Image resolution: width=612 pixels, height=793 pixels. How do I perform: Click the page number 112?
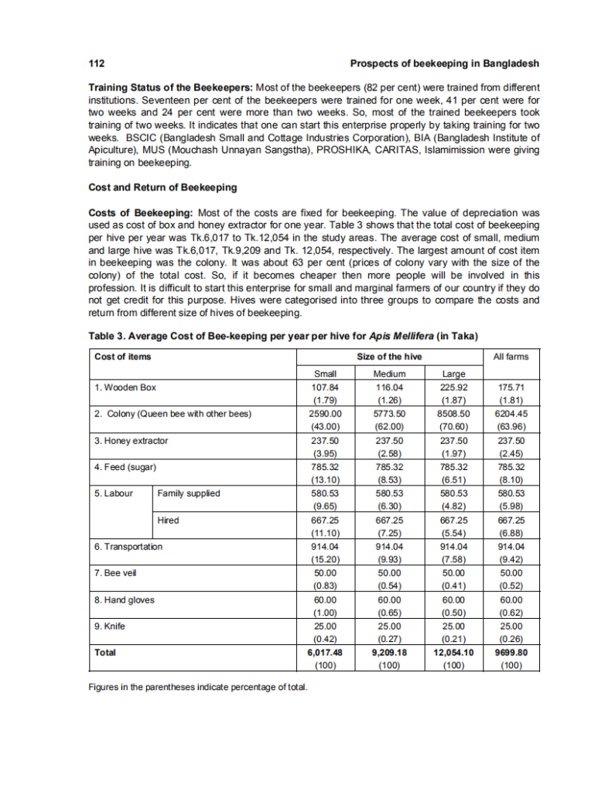pos(97,63)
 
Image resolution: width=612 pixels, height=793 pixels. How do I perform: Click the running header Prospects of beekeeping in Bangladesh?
pos(444,63)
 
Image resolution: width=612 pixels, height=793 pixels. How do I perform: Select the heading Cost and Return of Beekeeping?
pos(162,187)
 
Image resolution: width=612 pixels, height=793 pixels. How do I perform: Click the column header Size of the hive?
pos(389,356)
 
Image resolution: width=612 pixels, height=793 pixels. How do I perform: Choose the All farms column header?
pos(511,356)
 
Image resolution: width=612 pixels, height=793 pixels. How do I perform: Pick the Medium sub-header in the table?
pos(389,374)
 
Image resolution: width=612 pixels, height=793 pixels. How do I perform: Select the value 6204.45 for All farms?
pos(511,414)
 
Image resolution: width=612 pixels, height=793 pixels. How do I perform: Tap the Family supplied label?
pos(188,493)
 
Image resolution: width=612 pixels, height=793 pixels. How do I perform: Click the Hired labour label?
pos(168,520)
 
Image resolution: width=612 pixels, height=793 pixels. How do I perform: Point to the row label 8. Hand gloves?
pos(125,599)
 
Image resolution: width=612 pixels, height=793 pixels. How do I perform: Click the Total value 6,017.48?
pos(325,653)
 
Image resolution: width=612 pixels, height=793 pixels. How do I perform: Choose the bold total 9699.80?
pos(511,653)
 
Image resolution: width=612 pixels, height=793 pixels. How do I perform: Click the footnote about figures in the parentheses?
pos(198,687)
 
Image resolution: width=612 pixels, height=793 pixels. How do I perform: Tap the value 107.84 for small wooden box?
pos(325,387)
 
